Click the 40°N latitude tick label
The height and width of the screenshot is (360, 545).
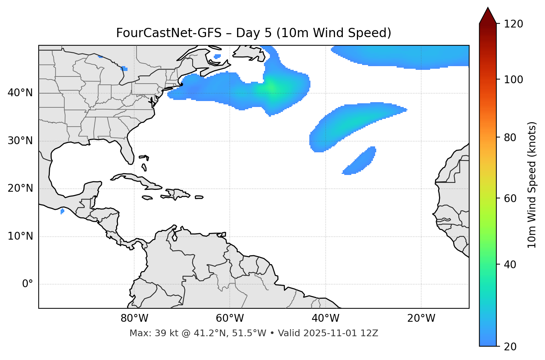(20, 93)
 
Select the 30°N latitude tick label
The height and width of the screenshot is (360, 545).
(20, 141)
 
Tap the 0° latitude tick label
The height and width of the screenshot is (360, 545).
(28, 284)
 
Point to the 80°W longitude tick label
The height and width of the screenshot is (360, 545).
(134, 318)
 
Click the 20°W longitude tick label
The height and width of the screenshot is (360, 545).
(421, 318)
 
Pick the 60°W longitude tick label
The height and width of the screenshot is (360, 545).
(230, 318)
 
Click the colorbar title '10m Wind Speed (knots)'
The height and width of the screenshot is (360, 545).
(532, 185)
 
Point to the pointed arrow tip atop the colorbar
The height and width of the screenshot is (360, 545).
(488, 9)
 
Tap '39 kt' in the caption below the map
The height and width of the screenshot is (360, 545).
(161, 333)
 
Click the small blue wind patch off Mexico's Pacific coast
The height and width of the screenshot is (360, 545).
(62, 211)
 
